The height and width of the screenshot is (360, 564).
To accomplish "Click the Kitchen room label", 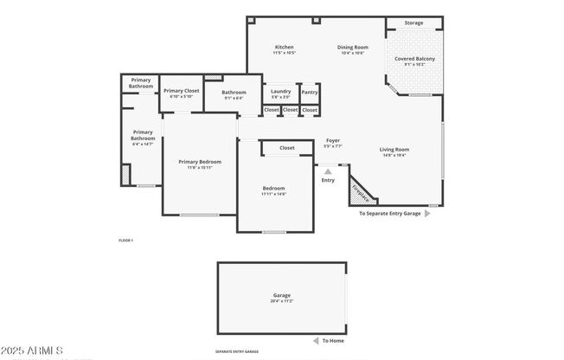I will point(285,47).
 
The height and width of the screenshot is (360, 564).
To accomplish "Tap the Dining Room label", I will point(352,47).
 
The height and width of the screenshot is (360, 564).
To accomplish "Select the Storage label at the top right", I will point(414,22).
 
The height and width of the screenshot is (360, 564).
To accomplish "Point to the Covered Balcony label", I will point(414,59).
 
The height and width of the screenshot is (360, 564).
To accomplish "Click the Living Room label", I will point(394,150).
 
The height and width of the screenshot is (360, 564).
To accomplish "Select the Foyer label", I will point(333,140).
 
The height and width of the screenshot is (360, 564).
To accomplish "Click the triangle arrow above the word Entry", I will point(328,171).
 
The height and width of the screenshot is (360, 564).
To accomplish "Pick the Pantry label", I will point(310,91).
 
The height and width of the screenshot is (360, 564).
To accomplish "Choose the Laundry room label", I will point(280,91).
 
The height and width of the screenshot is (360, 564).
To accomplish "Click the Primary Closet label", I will point(181,90).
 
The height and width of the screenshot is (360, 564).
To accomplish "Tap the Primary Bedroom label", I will point(200,162).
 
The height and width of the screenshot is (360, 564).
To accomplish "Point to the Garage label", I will point(282,295).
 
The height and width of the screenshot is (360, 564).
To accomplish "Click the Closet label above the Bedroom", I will point(286,148).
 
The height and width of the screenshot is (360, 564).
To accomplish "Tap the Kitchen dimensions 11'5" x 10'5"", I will point(285,53).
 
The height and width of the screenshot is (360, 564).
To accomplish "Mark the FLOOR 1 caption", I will point(125,240).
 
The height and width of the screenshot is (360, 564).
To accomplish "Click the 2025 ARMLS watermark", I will point(32,350).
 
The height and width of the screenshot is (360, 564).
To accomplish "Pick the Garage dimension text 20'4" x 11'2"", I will point(282,301).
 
